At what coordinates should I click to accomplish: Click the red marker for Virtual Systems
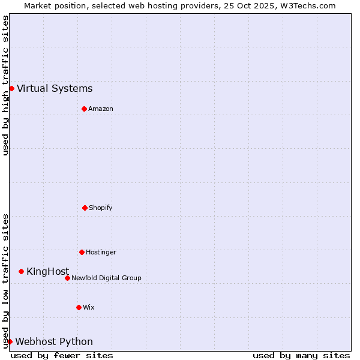[x=11, y=89]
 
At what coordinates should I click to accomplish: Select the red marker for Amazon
[x=84, y=109]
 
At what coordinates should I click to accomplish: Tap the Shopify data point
[x=85, y=208]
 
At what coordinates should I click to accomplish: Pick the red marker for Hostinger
[x=82, y=252]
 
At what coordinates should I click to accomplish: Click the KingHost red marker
[x=21, y=272]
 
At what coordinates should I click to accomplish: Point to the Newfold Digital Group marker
[x=67, y=278]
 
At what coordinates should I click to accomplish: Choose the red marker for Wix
[x=79, y=307]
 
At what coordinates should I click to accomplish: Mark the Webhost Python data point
[x=10, y=341]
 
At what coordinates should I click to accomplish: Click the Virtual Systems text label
[x=55, y=89]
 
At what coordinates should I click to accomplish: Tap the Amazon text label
[x=101, y=109]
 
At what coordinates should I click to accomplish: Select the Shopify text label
[x=101, y=208]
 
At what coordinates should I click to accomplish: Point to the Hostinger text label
[x=101, y=252]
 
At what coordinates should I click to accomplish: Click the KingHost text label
[x=47, y=272]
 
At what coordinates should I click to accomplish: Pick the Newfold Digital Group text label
[x=106, y=278]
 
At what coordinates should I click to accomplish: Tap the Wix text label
[x=89, y=307]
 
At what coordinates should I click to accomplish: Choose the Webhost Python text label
[x=54, y=342]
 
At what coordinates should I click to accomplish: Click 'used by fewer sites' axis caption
[x=62, y=355]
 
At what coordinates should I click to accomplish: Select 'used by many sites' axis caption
[x=301, y=355]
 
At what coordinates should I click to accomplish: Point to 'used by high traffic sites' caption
[x=6, y=85]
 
